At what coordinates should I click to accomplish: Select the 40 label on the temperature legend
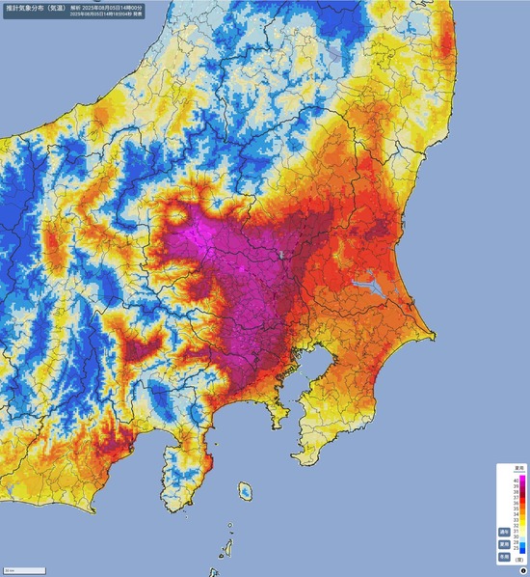coord(516,481)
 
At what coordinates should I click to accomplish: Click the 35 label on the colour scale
coord(516,508)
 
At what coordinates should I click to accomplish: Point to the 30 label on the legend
coord(516,536)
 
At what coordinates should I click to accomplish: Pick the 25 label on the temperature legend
coord(516,548)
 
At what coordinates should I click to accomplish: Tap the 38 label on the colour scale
coord(516,492)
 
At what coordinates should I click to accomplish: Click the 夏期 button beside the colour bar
coord(504,544)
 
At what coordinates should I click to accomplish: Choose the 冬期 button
coord(504,557)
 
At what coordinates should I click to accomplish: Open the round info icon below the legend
coord(523,571)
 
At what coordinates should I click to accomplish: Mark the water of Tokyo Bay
coord(299,381)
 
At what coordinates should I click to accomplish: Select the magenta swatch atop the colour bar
coord(522,478)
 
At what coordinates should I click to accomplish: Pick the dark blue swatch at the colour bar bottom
coord(522,550)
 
